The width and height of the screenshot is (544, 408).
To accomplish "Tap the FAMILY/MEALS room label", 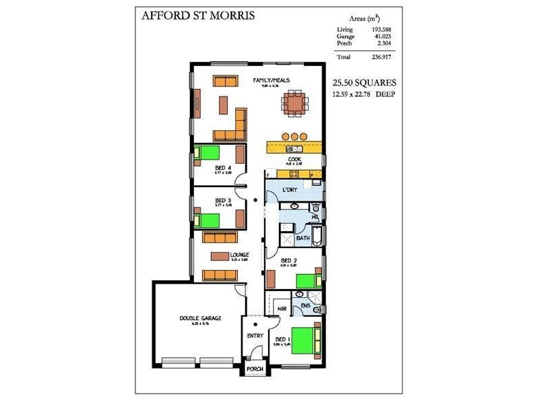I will (271, 80).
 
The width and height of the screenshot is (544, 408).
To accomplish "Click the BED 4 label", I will (222, 167).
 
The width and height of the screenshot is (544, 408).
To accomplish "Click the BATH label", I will (303, 239).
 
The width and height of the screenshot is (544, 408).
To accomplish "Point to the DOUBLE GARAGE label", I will (201, 318).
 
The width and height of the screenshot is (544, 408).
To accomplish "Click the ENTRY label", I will (256, 335).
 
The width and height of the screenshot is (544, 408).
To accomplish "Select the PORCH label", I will (255, 369).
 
